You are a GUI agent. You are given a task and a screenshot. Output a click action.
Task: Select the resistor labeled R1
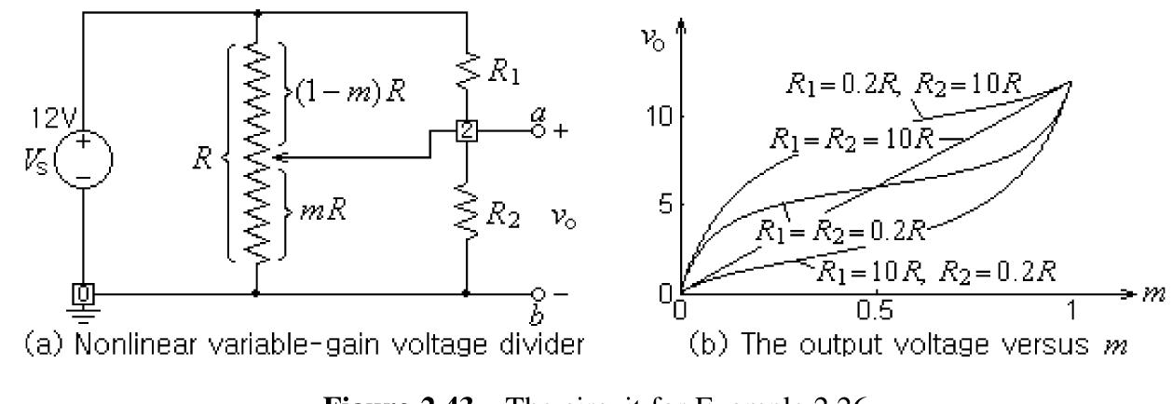[466, 64]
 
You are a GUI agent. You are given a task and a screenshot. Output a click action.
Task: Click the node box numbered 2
[466, 130]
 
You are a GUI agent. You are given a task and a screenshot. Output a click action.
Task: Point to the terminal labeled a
[538, 130]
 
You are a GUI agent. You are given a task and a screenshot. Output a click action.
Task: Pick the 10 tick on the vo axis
[668, 118]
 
